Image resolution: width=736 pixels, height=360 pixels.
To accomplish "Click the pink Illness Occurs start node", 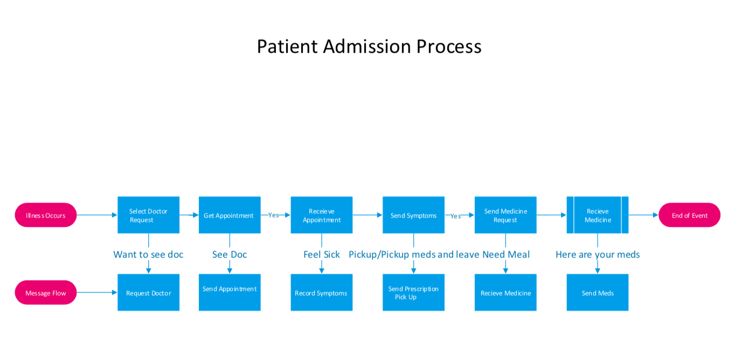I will tap(46, 215).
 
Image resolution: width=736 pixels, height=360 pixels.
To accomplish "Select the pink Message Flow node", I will tap(46, 293).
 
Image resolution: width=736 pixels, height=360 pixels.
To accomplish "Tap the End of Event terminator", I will tap(689, 215).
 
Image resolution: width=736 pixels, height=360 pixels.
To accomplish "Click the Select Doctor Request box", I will tap(148, 215).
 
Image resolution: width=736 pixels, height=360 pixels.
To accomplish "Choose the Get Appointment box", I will tap(230, 215).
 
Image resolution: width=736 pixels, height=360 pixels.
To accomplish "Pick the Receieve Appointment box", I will tap(322, 215).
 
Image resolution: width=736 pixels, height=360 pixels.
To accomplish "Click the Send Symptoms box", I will tap(413, 215).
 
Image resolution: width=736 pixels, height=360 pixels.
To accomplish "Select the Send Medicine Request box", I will tap(505, 215).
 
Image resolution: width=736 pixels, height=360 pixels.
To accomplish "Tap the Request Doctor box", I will tap(148, 293).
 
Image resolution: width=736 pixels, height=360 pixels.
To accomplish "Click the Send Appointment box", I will tap(230, 293).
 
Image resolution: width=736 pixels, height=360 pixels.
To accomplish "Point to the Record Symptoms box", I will tap(322, 293).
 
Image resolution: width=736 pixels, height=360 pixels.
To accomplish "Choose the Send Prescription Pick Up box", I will tap(413, 293).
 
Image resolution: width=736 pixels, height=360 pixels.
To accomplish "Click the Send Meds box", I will tap(598, 293).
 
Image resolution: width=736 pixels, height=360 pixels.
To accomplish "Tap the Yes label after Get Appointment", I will tap(274, 215).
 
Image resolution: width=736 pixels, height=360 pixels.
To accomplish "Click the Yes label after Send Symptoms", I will tap(456, 216).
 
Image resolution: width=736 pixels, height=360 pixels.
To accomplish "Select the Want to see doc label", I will tap(148, 254).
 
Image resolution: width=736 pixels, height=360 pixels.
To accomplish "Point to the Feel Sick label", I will tap(322, 254).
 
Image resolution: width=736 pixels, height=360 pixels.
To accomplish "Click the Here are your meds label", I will tap(598, 254).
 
